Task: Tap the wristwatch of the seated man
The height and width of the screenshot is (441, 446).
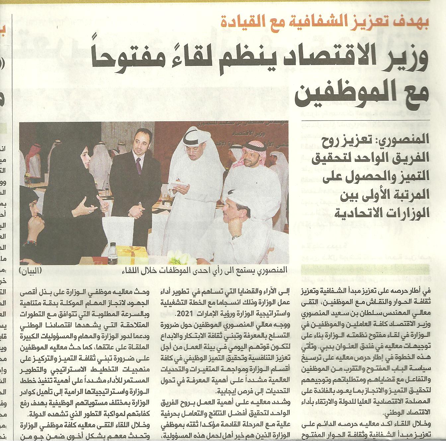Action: pos(236,237)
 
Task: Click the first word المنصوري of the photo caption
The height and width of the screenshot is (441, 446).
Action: pos(272,270)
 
